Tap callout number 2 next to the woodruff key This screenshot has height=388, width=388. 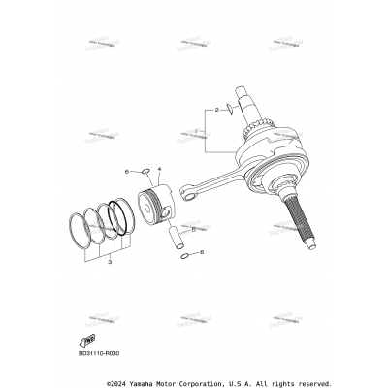coord(217,110)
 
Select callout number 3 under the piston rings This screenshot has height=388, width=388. coord(110,261)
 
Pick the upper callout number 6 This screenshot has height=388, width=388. coord(126,172)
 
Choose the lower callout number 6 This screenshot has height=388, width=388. coord(201,253)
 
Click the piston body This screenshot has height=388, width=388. coord(156,205)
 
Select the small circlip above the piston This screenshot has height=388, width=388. coord(144,173)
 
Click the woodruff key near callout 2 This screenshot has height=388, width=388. coord(231,110)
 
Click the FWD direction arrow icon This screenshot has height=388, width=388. coord(88,339)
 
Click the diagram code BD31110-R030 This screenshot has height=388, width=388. coord(98,354)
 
